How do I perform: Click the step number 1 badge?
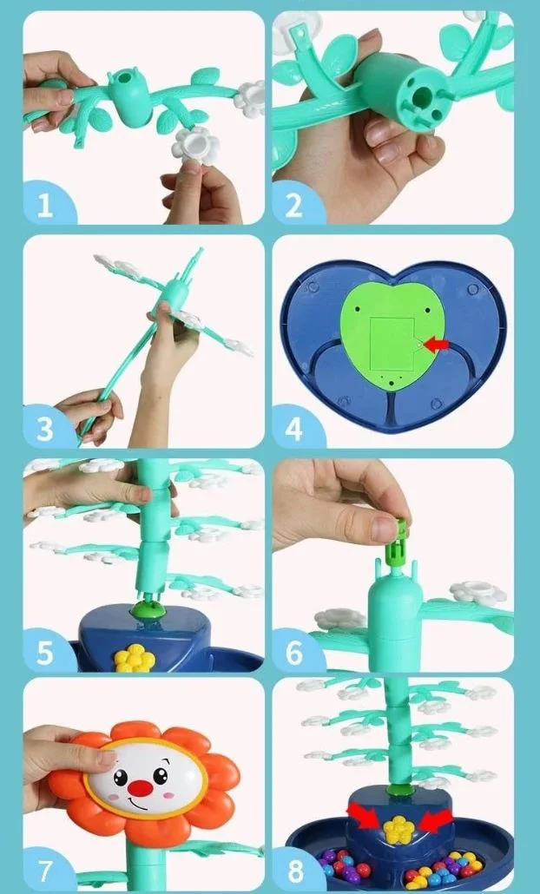click(x=47, y=204)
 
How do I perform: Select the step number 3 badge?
click(x=47, y=428)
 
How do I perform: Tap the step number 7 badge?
click(x=47, y=870)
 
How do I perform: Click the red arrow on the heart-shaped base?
click(x=438, y=345)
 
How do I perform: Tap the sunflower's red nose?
click(x=140, y=788)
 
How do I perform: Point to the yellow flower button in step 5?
click(x=135, y=658)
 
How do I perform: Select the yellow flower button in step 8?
click(x=398, y=829)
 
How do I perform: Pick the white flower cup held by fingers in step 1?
click(x=195, y=145)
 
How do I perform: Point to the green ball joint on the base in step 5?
click(x=148, y=609)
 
